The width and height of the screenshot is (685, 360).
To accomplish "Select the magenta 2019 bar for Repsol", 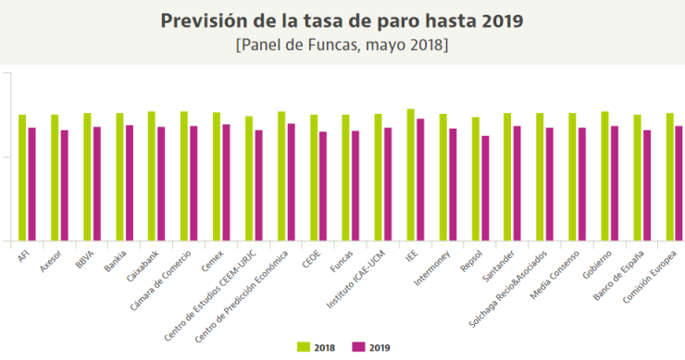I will point(484,189).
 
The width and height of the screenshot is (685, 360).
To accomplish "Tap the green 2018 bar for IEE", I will point(411,175).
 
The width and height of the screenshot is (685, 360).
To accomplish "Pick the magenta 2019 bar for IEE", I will point(420,180).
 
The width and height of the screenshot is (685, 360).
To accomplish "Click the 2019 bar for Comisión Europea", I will point(679,183).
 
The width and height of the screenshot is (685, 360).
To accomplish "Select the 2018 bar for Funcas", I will point(346,178).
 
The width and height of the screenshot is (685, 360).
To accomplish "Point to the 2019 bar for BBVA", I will point(96,183).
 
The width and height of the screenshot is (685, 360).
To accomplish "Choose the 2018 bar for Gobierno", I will point(604,176).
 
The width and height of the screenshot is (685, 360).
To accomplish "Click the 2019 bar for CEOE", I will point(323,186).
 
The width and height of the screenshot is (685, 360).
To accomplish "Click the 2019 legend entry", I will point(371,347).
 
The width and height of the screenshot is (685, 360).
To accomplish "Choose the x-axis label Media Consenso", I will point(555,277).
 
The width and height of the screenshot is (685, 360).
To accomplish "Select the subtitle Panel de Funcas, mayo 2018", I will point(342,44).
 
